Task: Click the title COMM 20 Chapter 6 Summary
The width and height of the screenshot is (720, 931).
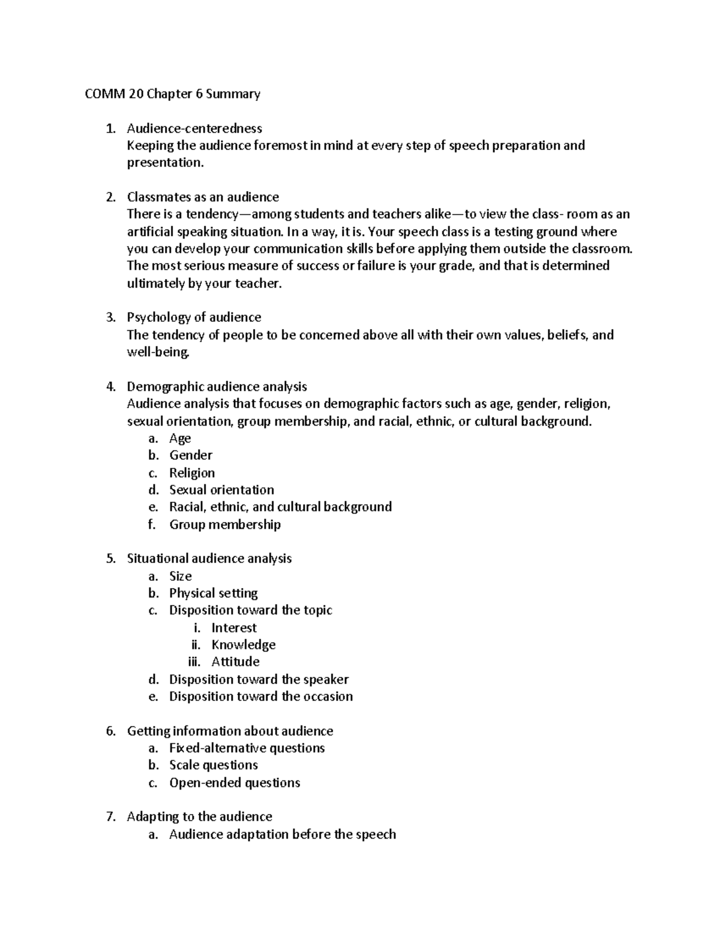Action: click(x=172, y=94)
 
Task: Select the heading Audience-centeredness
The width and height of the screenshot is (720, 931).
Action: click(x=194, y=128)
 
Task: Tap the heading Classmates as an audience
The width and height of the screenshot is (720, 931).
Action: click(x=203, y=197)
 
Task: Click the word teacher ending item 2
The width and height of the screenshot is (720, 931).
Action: click(x=260, y=284)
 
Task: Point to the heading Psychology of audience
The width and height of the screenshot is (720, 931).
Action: click(x=194, y=317)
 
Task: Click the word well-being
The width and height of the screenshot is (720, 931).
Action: click(x=158, y=352)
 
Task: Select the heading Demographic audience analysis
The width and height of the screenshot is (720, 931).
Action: click(x=217, y=387)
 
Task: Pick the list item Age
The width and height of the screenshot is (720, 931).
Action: click(x=180, y=438)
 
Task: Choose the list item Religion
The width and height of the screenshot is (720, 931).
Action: click(x=192, y=473)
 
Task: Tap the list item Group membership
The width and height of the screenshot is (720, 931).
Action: click(x=225, y=525)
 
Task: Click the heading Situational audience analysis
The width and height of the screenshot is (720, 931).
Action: click(x=209, y=559)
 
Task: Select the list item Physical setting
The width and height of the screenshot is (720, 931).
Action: click(x=213, y=593)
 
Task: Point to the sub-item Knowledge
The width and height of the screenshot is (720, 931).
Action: click(x=244, y=645)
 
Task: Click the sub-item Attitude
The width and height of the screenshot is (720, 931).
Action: click(x=235, y=662)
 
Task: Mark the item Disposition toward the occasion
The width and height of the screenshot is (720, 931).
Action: click(x=261, y=697)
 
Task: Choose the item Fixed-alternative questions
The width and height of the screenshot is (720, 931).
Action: click(x=247, y=748)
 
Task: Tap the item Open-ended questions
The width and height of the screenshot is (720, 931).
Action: click(x=235, y=783)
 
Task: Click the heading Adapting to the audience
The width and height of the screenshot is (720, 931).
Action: click(x=199, y=816)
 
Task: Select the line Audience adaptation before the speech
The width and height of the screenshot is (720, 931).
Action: click(x=283, y=834)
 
